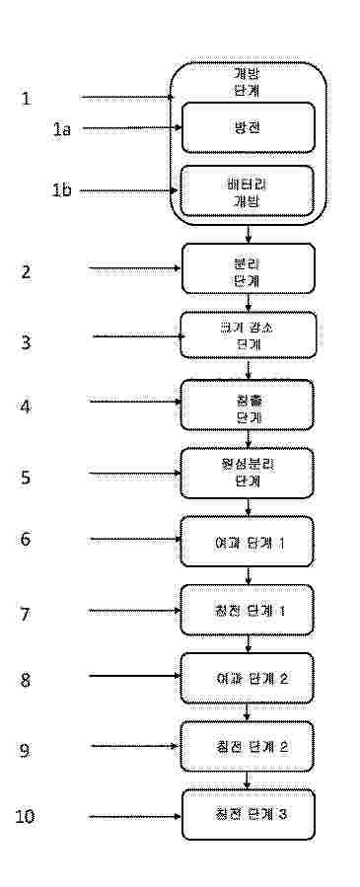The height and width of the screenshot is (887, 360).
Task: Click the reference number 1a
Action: (61, 129)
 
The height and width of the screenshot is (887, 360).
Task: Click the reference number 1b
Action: (61, 191)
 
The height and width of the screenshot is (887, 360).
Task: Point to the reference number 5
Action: (27, 477)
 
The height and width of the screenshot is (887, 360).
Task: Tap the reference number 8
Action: (27, 680)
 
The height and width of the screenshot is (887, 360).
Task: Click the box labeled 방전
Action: (248, 128)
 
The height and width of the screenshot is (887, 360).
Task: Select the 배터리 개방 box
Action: (248, 190)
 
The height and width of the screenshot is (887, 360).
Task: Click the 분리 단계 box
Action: (248, 269)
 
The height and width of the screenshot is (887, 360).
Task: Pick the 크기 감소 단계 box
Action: (248, 337)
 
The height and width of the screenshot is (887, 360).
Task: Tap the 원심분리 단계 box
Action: (248, 474)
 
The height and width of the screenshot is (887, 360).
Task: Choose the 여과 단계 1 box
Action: (248, 542)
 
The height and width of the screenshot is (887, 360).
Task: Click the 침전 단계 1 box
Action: (248, 610)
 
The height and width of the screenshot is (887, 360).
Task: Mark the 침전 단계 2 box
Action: (248, 747)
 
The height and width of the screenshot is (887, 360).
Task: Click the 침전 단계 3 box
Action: (248, 815)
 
